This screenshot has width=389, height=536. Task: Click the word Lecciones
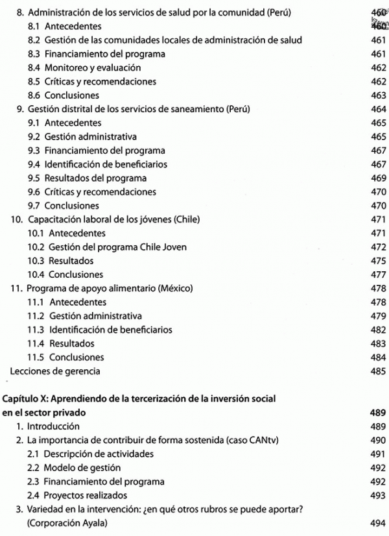pyautogui.click(x=27, y=371)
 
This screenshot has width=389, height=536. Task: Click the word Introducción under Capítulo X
pyautogui.click(x=53, y=426)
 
